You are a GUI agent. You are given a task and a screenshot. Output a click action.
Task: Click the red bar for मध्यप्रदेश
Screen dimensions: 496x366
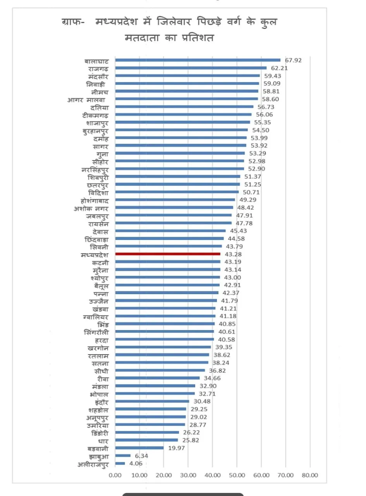coord(168,254)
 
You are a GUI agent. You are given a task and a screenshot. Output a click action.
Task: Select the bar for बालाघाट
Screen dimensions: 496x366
coord(198,60)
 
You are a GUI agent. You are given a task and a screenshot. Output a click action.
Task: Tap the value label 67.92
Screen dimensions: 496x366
coord(293,60)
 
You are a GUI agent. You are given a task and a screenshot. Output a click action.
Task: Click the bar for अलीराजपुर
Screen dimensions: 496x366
coord(120,463)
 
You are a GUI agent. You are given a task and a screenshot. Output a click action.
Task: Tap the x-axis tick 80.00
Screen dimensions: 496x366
coord(310,475)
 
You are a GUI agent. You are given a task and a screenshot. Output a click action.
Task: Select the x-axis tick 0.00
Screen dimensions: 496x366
coord(115,475)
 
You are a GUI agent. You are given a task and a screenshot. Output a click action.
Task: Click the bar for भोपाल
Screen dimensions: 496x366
coord(155,393)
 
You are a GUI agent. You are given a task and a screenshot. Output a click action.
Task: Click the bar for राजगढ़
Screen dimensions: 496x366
coord(191,68)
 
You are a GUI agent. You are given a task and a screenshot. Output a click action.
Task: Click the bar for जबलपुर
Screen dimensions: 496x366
coord(173,215)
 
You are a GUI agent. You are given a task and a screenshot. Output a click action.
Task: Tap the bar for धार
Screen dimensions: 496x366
coord(146,440)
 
